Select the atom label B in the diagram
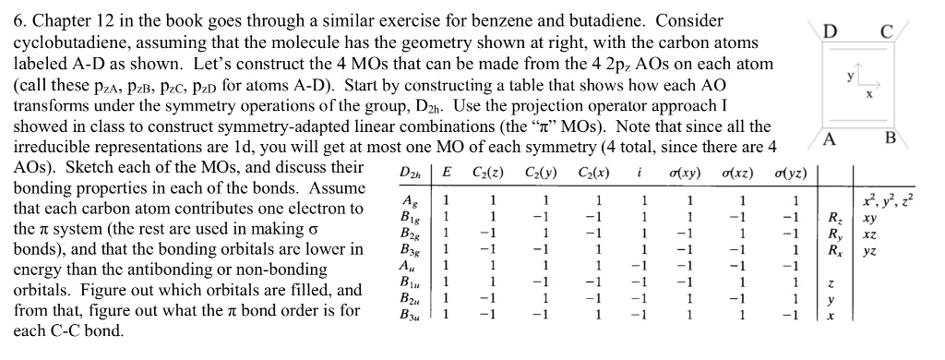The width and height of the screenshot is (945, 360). click(x=890, y=139)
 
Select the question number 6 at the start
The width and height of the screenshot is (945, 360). click(x=18, y=19)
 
